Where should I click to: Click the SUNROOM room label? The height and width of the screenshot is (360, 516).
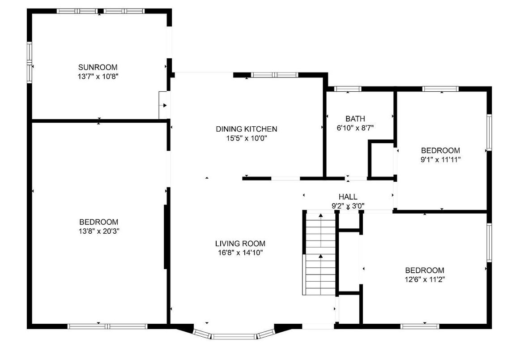coord(98,67)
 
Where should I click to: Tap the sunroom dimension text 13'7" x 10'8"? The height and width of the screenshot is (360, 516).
coord(98,77)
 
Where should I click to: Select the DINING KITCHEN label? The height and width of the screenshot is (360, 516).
coord(247,129)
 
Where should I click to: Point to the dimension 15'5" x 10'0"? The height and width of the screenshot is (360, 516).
coord(247,138)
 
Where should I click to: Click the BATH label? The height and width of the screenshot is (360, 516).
coord(355,119)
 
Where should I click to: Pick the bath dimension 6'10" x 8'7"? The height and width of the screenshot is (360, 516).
coord(355,128)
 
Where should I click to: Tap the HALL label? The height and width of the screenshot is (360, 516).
coord(348,197)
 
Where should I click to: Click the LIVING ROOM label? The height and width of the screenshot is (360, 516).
coord(240,244)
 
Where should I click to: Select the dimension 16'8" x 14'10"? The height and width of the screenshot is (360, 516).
coord(240,253)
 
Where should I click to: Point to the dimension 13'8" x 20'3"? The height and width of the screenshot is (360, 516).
coord(99,231)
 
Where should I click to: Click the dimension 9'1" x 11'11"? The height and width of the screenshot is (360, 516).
coord(440,160)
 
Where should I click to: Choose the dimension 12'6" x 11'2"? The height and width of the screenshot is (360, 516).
coord(425,280)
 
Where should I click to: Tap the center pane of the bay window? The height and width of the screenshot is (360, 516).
coord(234,336)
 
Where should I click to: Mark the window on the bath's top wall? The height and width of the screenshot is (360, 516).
coord(348,89)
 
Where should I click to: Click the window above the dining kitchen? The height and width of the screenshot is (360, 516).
coord(274,75)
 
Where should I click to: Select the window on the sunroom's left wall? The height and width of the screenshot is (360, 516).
coord(30,62)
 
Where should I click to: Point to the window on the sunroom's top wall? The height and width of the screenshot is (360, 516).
coord(100,11)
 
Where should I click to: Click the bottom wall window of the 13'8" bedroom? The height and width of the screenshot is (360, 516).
coord(107,326)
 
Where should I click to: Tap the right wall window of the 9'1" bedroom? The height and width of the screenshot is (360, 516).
coord(489,133)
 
